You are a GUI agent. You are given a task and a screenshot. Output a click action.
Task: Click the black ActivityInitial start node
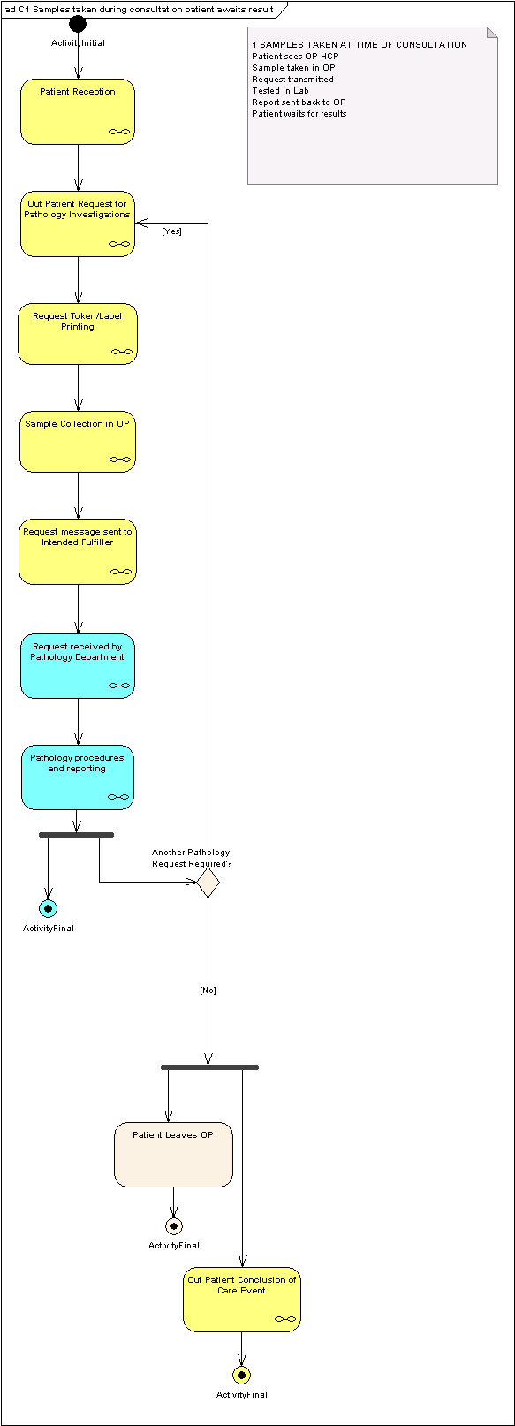click(78, 24)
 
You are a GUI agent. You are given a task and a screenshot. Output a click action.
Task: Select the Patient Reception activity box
click(78, 111)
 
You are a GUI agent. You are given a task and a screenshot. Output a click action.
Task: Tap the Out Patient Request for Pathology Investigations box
click(78, 224)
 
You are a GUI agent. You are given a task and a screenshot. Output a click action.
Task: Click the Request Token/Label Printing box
click(78, 334)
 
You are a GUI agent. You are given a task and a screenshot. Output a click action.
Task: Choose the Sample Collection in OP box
click(78, 442)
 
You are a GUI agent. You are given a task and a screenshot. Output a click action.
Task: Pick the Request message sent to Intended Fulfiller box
click(78, 552)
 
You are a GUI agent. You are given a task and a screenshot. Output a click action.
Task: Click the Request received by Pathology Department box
click(78, 666)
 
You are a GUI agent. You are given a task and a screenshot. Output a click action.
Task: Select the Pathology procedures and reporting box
click(78, 777)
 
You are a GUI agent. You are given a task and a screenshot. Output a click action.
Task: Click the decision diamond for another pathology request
click(208, 883)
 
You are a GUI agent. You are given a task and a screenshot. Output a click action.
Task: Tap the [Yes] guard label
click(172, 231)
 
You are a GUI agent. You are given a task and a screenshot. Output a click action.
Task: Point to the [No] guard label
click(208, 990)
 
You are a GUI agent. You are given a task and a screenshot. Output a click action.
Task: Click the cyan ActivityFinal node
click(48, 908)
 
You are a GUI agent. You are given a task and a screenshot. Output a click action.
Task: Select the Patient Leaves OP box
click(173, 1155)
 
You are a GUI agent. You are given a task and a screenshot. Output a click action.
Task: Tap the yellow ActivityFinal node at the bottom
click(241, 1375)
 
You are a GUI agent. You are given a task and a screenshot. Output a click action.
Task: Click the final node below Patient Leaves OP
click(173, 1225)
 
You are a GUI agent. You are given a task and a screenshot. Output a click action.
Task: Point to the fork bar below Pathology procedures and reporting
click(76, 835)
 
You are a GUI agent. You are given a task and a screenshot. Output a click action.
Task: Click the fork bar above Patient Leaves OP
click(210, 1067)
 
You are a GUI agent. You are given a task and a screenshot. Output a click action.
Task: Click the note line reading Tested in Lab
click(280, 91)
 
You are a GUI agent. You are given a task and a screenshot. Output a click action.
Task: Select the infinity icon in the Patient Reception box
click(119, 132)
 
